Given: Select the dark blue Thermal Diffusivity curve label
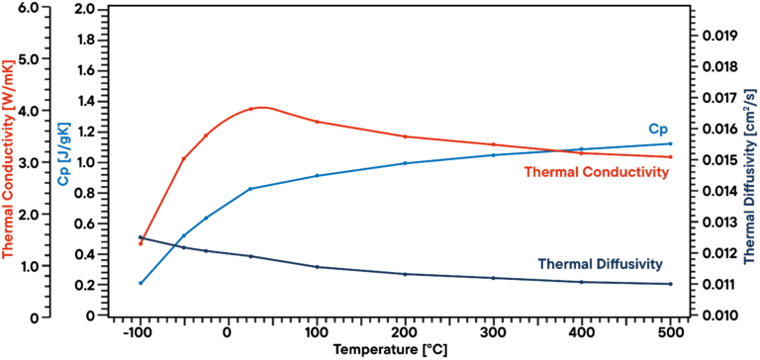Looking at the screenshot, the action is pos(599,264).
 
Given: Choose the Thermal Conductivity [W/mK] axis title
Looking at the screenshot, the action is pos(8,163).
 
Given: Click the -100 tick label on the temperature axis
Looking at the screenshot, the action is pos(139,333).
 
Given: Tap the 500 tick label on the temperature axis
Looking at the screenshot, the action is pos(671,333).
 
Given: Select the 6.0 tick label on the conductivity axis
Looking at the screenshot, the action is pos(31,9).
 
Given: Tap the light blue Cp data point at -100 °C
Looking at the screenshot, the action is pos(141,283).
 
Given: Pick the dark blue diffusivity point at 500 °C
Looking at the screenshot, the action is pos(670,284).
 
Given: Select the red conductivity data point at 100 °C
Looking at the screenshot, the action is pos(317,122).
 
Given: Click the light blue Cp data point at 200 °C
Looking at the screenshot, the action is pos(405,177).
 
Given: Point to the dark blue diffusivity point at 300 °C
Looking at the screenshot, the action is pos(494,278).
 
